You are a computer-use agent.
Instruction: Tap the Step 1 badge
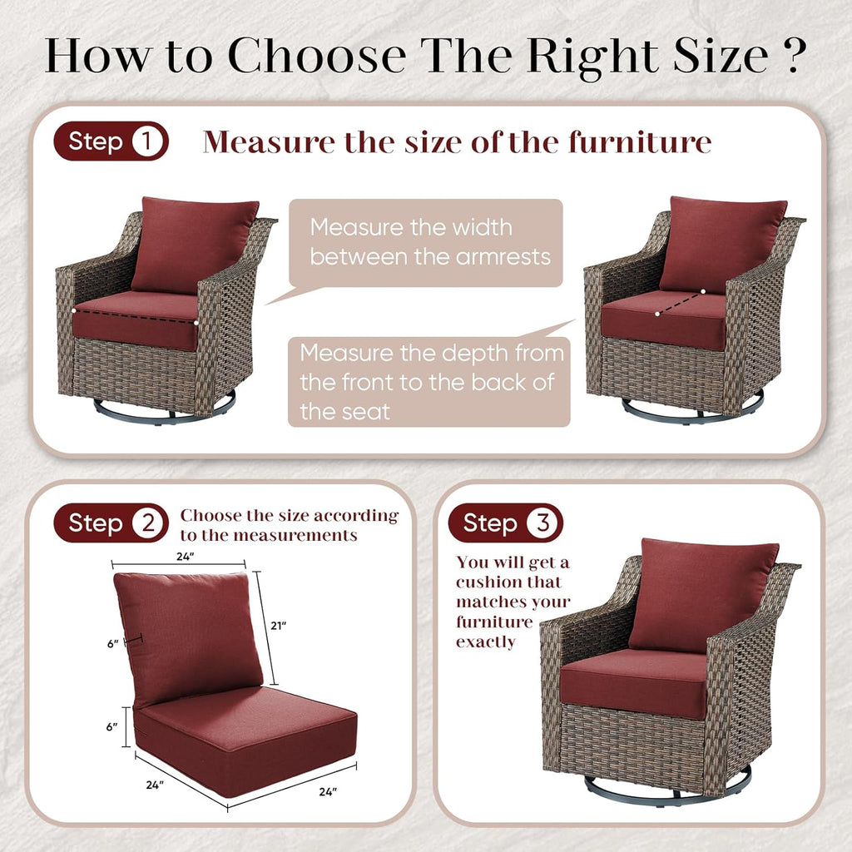[111, 142]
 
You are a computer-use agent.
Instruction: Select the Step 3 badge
[505, 523]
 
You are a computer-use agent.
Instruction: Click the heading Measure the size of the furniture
[457, 142]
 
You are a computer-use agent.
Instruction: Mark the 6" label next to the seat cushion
[111, 726]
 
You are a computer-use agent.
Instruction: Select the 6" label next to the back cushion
[111, 642]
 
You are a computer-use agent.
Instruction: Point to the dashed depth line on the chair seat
[680, 303]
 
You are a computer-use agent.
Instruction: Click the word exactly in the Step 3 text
[486, 642]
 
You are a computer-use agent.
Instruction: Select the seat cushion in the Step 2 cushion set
[245, 736]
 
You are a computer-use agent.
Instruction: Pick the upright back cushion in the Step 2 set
[187, 634]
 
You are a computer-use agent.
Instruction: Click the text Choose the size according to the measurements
[290, 525]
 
